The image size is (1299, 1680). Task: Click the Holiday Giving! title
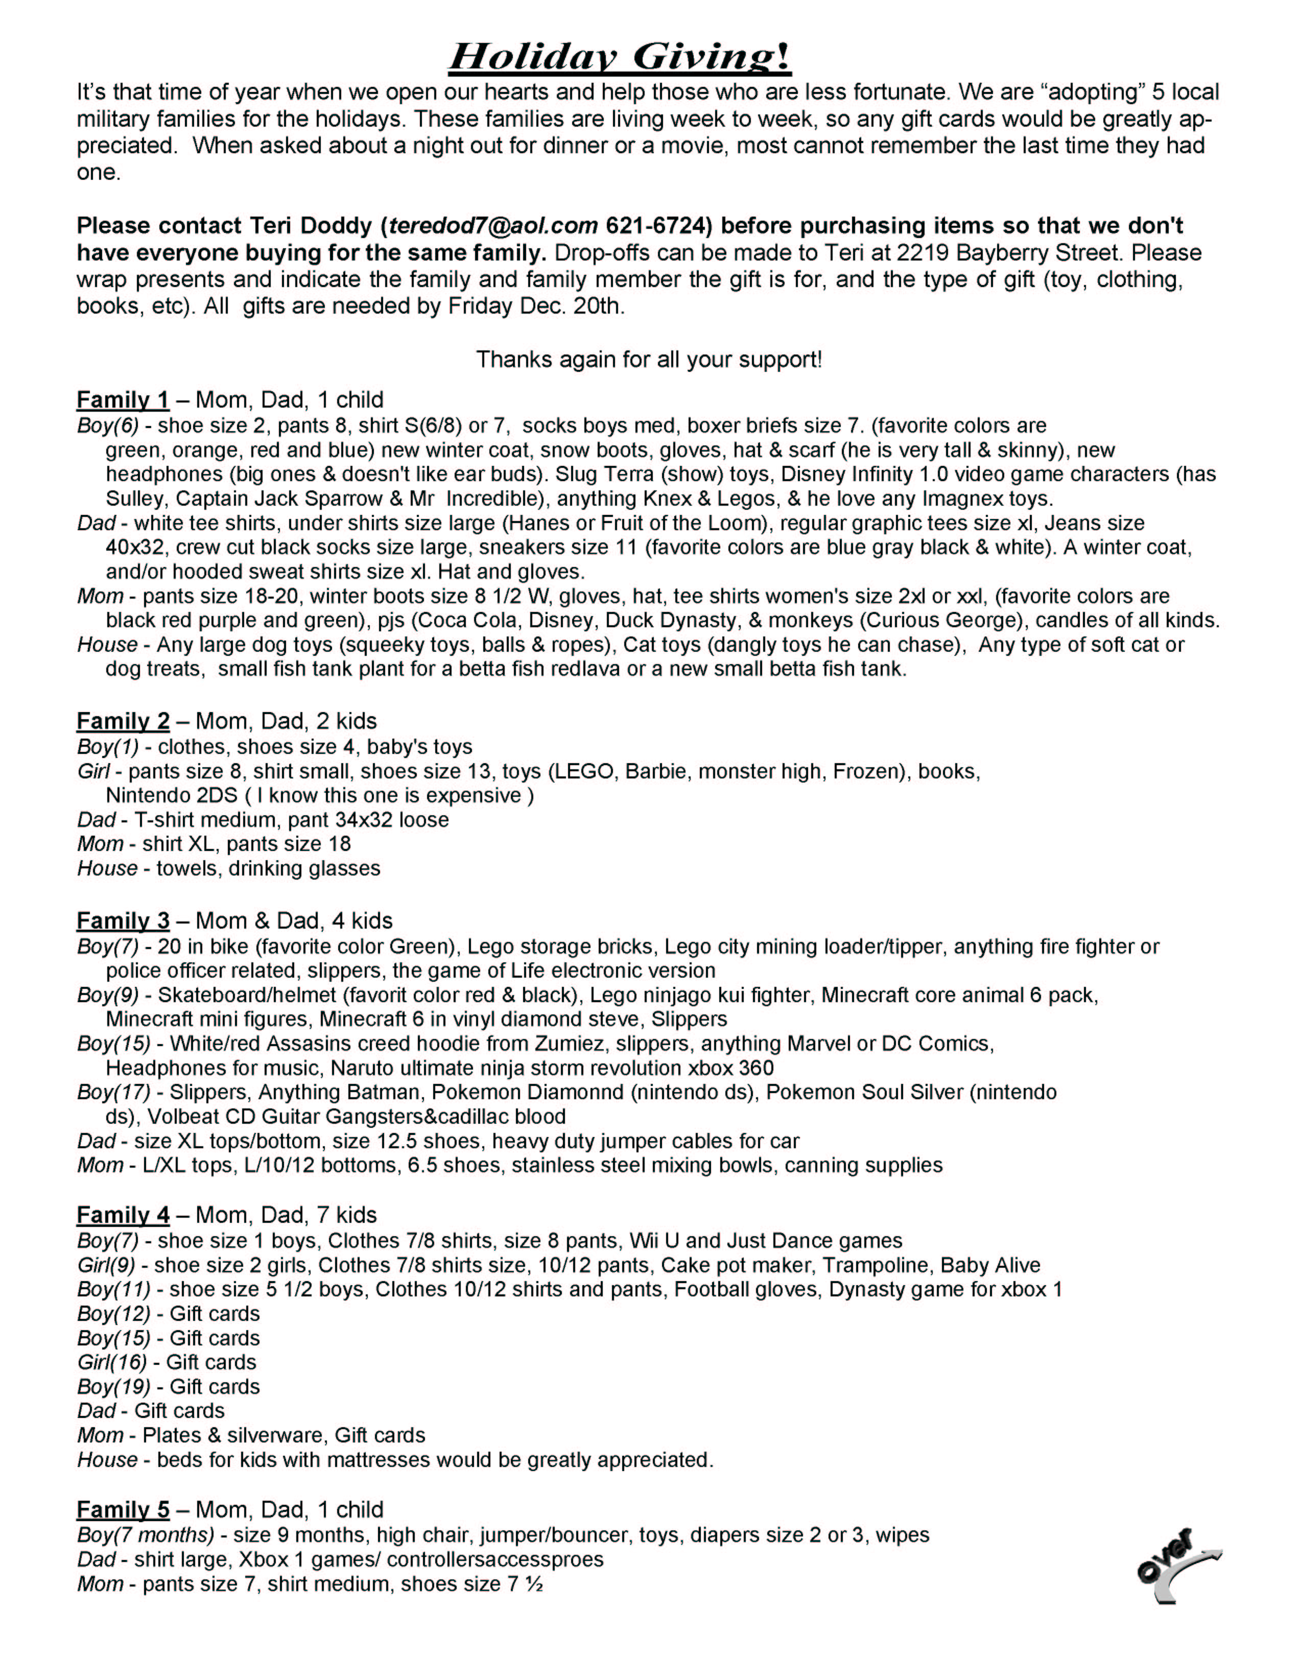coord(620,57)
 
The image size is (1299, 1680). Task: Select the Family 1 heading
coord(123,400)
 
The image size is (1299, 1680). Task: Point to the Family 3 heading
coord(123,921)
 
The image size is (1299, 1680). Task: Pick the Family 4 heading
coord(123,1215)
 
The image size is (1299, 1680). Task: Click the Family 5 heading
coord(123,1509)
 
